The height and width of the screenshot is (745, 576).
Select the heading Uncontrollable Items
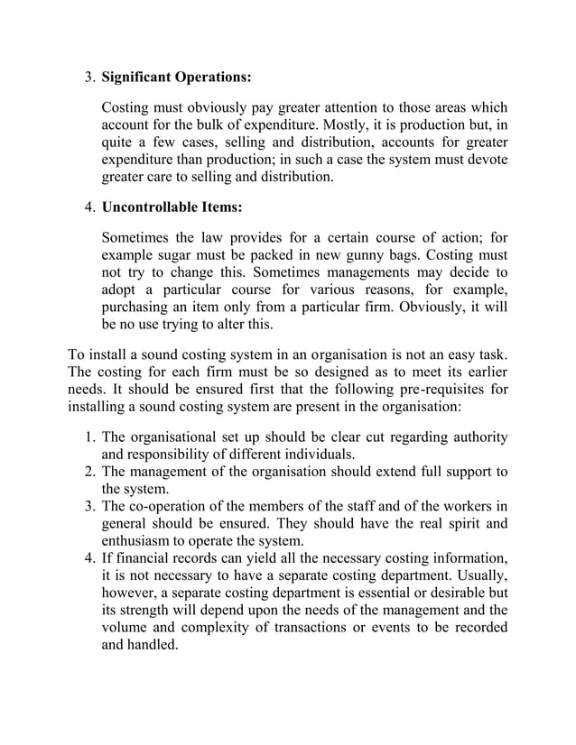click(172, 207)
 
